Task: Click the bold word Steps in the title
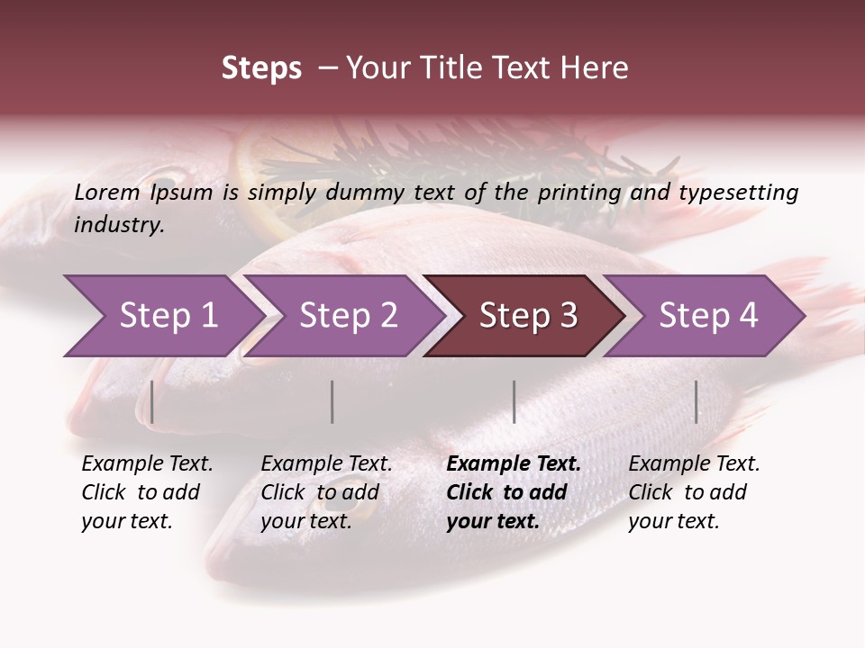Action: pos(261,68)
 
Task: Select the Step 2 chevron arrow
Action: pos(342,316)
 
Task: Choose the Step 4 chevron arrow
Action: pos(706,316)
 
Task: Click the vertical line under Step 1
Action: pos(152,401)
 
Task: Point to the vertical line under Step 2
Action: pos(332,401)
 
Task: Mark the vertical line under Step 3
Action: pos(514,401)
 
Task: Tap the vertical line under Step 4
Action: pos(697,401)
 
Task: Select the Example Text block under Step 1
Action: pos(147,492)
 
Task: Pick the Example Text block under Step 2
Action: pos(326,492)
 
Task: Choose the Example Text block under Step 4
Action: pos(694,492)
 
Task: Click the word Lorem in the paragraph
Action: pos(107,193)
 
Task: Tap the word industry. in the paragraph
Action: pos(119,225)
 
